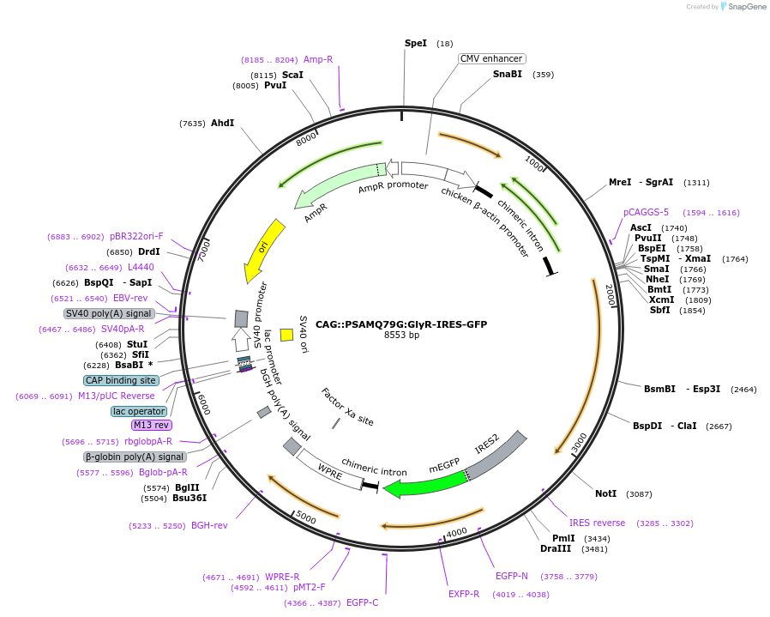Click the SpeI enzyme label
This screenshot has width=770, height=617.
click(x=415, y=43)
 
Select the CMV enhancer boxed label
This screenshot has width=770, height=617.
click(x=491, y=58)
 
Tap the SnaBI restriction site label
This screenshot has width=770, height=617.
click(x=507, y=75)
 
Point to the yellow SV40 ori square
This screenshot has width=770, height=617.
click(x=287, y=335)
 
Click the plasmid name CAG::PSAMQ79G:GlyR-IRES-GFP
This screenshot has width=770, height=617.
click(x=400, y=324)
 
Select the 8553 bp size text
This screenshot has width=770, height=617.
click(x=401, y=336)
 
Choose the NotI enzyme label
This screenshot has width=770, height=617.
click(x=605, y=494)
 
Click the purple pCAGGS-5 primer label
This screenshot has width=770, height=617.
click(x=646, y=213)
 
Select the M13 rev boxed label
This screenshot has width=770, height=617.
click(x=151, y=425)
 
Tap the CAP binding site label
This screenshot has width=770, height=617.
click(x=121, y=380)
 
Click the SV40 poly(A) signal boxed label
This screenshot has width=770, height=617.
click(x=109, y=313)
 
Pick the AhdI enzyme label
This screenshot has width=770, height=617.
click(x=222, y=124)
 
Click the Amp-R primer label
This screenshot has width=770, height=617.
click(x=317, y=59)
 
